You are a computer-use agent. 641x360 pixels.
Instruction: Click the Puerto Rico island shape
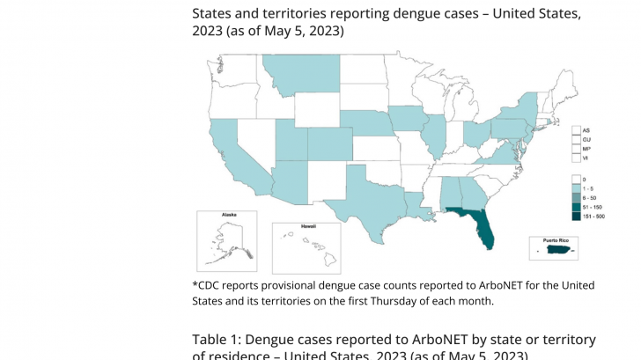tap(556, 251)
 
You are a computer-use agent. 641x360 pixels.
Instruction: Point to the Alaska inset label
tap(229, 215)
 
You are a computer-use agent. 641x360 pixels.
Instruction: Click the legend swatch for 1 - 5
tap(576, 188)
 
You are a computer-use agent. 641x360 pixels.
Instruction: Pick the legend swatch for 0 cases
tap(576, 179)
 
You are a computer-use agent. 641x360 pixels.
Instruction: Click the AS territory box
tap(576, 130)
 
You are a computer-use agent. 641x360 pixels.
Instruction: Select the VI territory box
tap(576, 158)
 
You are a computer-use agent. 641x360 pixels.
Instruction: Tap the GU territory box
tap(576, 139)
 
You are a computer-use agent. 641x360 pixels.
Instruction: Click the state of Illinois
tap(433, 136)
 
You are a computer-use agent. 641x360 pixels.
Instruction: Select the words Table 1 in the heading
tap(217, 340)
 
